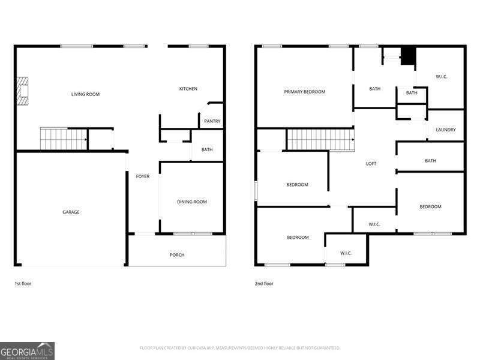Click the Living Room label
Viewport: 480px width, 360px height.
tap(85, 94)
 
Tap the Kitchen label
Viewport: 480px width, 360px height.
tap(188, 89)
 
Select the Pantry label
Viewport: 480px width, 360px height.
tap(212, 121)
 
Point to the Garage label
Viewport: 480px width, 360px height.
tap(71, 212)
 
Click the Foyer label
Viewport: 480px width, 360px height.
tap(143, 176)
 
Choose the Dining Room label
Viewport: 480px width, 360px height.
tap(191, 202)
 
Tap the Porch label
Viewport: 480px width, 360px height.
tap(177, 255)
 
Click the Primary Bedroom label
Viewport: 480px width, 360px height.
tap(304, 92)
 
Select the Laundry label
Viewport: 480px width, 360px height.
tap(446, 130)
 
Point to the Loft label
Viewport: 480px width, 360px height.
tap(371, 163)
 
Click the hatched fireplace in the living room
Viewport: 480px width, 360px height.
tap(22, 91)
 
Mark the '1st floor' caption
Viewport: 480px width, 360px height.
tap(23, 283)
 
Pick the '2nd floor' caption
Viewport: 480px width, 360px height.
tap(264, 283)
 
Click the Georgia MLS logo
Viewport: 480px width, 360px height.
tap(27, 350)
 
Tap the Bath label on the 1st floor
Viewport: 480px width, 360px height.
tap(207, 150)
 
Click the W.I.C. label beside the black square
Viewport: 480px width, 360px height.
tap(442, 76)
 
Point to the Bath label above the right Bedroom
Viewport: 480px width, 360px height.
tap(430, 161)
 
